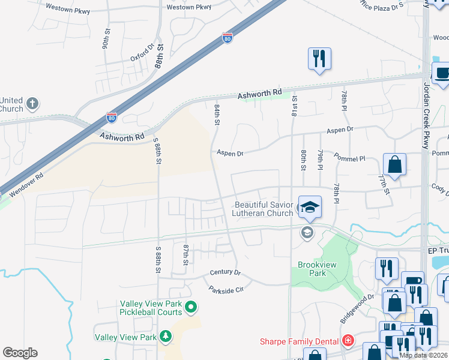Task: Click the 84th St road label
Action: pyautogui.click(x=217, y=113)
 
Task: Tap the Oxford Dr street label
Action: pyautogui.click(x=143, y=53)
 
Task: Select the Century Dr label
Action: pyautogui.click(x=225, y=273)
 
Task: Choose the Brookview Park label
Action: pyautogui.click(x=312, y=268)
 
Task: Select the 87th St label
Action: pyautogui.click(x=186, y=254)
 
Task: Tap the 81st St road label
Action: pyautogui.click(x=294, y=106)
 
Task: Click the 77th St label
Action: pyautogui.click(x=382, y=185)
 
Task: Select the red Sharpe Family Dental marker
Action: pyautogui.click(x=347, y=341)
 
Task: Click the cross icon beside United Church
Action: pyautogui.click(x=32, y=104)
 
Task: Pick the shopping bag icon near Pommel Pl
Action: pyautogui.click(x=395, y=164)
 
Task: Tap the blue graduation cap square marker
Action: pyautogui.click(x=310, y=208)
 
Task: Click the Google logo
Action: pyautogui.click(x=20, y=353)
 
